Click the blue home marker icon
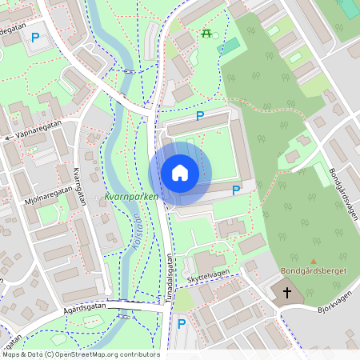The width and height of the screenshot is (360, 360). [180, 173]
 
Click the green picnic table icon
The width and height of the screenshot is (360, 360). [207, 34]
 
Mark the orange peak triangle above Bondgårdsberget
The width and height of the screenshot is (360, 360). [314, 261]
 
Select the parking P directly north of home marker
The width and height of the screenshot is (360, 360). [200, 117]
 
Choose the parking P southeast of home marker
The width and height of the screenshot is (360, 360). [235, 190]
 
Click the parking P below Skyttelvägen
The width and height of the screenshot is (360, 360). [182, 324]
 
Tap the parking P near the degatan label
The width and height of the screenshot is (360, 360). [34, 38]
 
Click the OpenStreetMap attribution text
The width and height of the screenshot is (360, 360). [80, 354]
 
